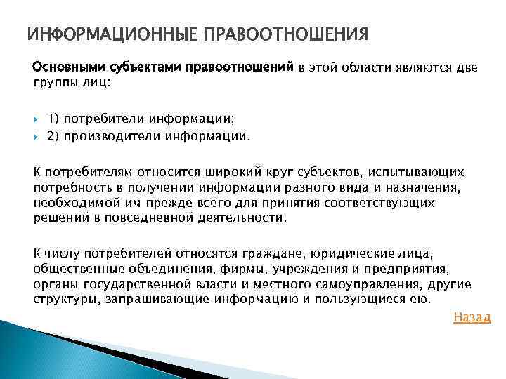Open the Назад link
tap(472, 317)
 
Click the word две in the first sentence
tap(466, 67)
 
